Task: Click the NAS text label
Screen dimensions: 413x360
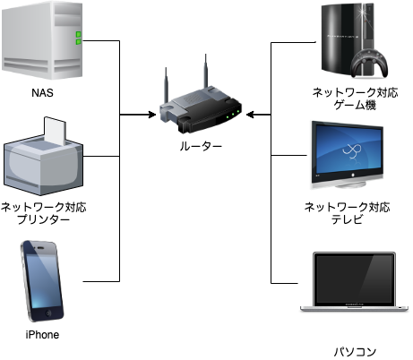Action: tap(42, 93)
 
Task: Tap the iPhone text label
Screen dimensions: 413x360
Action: tap(42, 335)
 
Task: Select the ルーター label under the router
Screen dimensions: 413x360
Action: tap(201, 146)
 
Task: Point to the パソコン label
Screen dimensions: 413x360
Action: tap(355, 352)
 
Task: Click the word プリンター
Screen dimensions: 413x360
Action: tap(43, 219)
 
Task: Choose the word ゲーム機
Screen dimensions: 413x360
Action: tap(355, 105)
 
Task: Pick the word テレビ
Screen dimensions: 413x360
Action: tap(347, 219)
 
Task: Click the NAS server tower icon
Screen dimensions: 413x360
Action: tap(42, 41)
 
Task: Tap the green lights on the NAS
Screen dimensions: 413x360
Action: tap(79, 38)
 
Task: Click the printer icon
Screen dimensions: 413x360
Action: tap(43, 156)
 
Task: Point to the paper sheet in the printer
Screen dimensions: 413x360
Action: tap(55, 131)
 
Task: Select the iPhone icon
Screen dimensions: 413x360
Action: tap(42, 281)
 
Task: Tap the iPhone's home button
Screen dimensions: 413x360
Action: tap(48, 313)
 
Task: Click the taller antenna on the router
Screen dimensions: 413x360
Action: tap(206, 72)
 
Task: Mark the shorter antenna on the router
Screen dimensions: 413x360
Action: tap(167, 85)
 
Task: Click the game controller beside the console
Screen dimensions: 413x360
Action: tap(369, 64)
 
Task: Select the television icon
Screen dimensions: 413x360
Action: tap(347, 155)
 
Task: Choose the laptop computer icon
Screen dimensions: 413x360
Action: tap(354, 282)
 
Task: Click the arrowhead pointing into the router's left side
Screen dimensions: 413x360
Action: tap(152, 115)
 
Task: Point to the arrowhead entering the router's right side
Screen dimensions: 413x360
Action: tap(250, 115)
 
